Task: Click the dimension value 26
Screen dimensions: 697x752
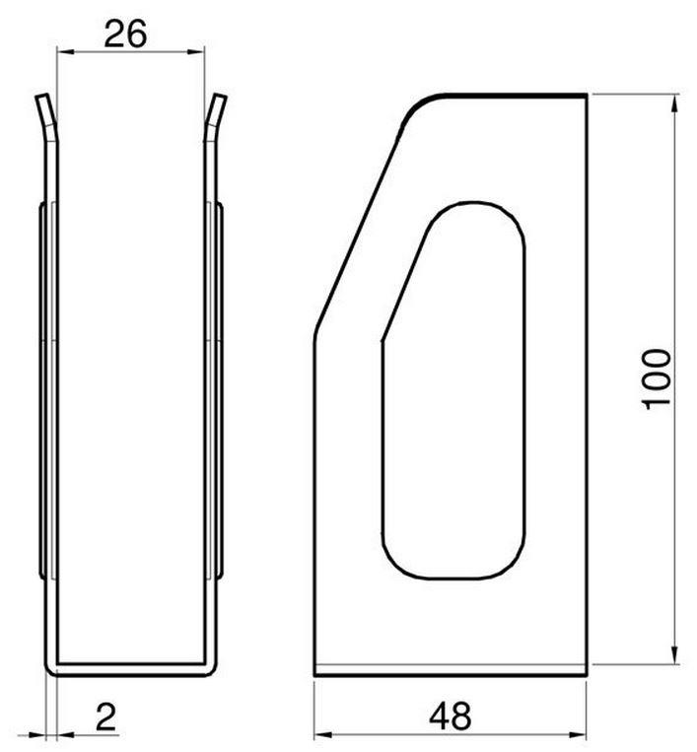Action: pos(125,34)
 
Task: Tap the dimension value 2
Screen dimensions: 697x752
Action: pos(106,717)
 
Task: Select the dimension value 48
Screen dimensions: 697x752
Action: pos(450,717)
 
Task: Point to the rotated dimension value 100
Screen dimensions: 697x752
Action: pos(657,379)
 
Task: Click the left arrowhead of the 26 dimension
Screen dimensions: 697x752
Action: pos(65,52)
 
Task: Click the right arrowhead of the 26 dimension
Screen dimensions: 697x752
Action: pos(196,52)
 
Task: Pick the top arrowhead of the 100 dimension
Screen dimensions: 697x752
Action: pos(674,103)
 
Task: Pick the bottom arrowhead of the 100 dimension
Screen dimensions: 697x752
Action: pos(674,655)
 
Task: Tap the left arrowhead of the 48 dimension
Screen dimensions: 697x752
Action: pos(322,734)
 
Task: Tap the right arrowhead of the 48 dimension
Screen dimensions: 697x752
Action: pos(578,734)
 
